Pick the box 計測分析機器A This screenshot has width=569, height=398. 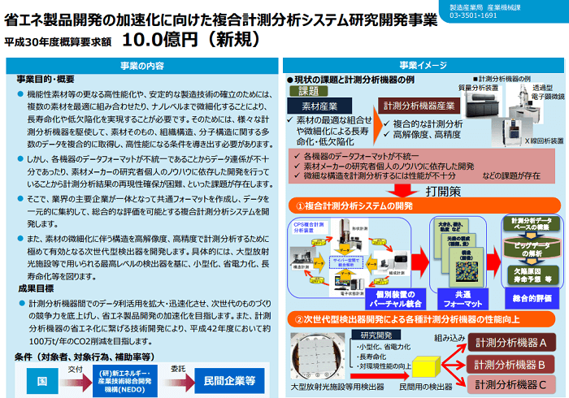[510, 344]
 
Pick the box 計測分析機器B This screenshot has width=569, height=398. [510, 363]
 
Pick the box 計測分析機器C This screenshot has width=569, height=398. [510, 383]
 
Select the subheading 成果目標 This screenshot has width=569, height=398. [37, 288]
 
